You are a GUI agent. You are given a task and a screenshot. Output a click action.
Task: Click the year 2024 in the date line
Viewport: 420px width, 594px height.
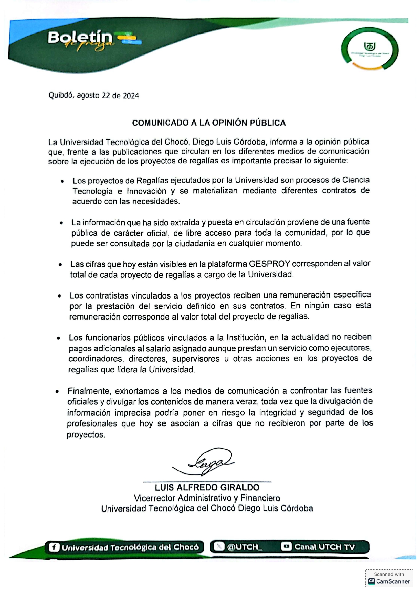[131, 96]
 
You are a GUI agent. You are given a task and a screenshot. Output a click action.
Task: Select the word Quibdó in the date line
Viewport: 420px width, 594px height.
[61, 95]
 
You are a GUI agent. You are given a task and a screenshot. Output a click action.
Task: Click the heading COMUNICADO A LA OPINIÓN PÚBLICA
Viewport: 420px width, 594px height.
[209, 123]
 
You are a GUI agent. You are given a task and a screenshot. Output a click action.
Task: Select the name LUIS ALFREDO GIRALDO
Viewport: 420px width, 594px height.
[207, 487]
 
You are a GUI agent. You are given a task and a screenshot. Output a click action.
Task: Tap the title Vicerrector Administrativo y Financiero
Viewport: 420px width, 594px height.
[207, 498]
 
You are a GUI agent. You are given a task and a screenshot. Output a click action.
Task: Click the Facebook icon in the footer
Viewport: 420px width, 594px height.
[54, 547]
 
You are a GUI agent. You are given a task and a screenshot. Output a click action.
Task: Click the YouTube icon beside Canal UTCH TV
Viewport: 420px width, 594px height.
[286, 546]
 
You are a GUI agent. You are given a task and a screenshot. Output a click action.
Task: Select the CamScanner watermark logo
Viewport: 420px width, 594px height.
[371, 581]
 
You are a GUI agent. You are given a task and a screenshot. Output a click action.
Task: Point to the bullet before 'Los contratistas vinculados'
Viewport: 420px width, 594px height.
[59, 296]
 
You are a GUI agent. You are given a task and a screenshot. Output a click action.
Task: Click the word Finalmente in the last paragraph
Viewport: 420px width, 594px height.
[89, 391]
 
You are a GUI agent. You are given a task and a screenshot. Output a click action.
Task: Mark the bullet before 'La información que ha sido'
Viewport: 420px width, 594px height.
[61, 223]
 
